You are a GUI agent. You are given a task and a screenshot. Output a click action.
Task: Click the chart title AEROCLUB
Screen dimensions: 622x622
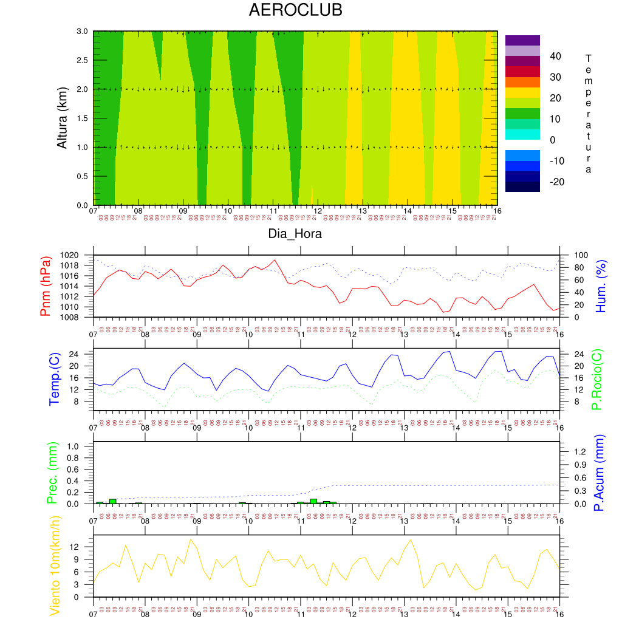click(x=295, y=10)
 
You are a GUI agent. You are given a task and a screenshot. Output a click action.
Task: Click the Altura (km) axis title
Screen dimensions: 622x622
click(x=62, y=117)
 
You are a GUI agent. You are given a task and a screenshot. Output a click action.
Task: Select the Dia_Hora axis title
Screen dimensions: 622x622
click(x=295, y=233)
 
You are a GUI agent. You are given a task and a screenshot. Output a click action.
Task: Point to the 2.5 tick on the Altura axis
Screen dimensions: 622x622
click(x=81, y=60)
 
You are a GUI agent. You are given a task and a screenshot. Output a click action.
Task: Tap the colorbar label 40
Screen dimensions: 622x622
click(x=555, y=56)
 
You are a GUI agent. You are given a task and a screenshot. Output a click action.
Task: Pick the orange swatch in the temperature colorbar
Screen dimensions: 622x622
click(x=522, y=82)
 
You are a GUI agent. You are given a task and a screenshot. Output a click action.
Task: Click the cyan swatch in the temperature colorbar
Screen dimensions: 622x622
click(x=522, y=134)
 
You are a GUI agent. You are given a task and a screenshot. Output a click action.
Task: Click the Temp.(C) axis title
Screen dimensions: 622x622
click(x=55, y=378)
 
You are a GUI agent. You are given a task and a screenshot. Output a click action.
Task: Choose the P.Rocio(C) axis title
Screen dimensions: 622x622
click(x=597, y=378)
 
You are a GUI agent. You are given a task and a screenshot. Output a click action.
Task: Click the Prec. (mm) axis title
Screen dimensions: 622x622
click(x=52, y=472)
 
